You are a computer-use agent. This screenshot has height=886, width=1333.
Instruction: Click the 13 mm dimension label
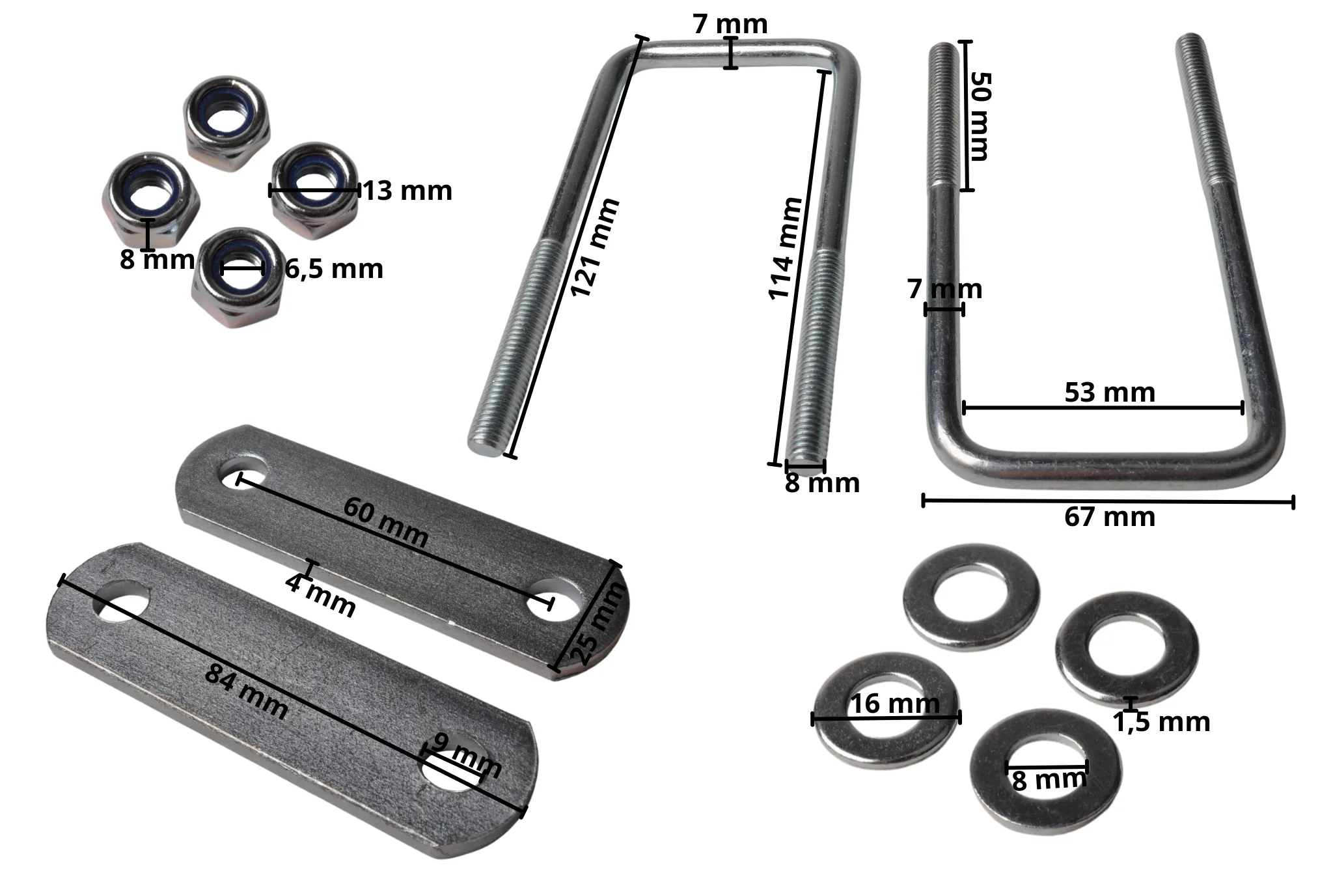[x=407, y=191]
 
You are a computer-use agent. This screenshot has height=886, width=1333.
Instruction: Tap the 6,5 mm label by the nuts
[x=334, y=269]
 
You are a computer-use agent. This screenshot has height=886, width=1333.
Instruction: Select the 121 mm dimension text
[x=594, y=248]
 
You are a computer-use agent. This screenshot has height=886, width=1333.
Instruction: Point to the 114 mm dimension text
[x=786, y=248]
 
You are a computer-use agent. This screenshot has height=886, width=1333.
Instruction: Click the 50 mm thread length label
[x=980, y=115]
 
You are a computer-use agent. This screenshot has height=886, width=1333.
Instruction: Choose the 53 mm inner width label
[x=1110, y=393]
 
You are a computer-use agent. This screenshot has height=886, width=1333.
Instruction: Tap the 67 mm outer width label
[x=1110, y=517]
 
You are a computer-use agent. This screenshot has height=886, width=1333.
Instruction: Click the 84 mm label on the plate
[x=246, y=691]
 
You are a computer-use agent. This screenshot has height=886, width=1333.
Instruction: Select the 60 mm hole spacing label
[x=385, y=522]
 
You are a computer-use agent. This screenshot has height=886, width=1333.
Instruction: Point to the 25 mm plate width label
[x=598, y=623]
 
